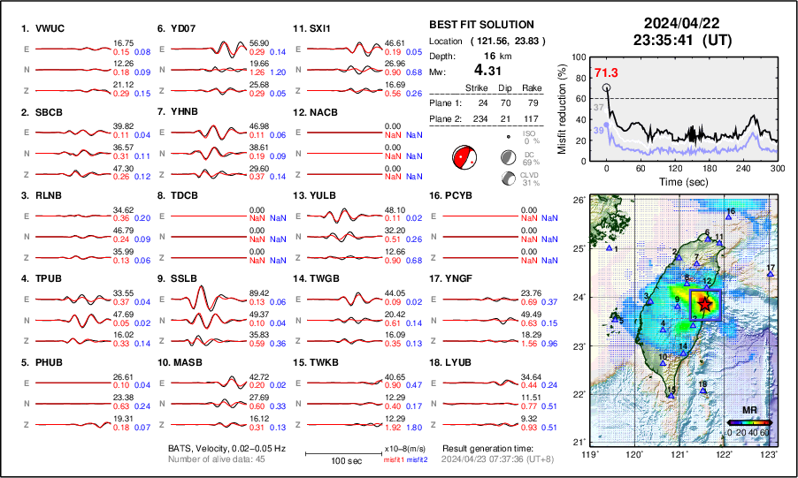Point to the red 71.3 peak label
click(606, 72)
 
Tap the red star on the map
click(705, 303)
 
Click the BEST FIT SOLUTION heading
click(480, 25)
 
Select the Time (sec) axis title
click(682, 179)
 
